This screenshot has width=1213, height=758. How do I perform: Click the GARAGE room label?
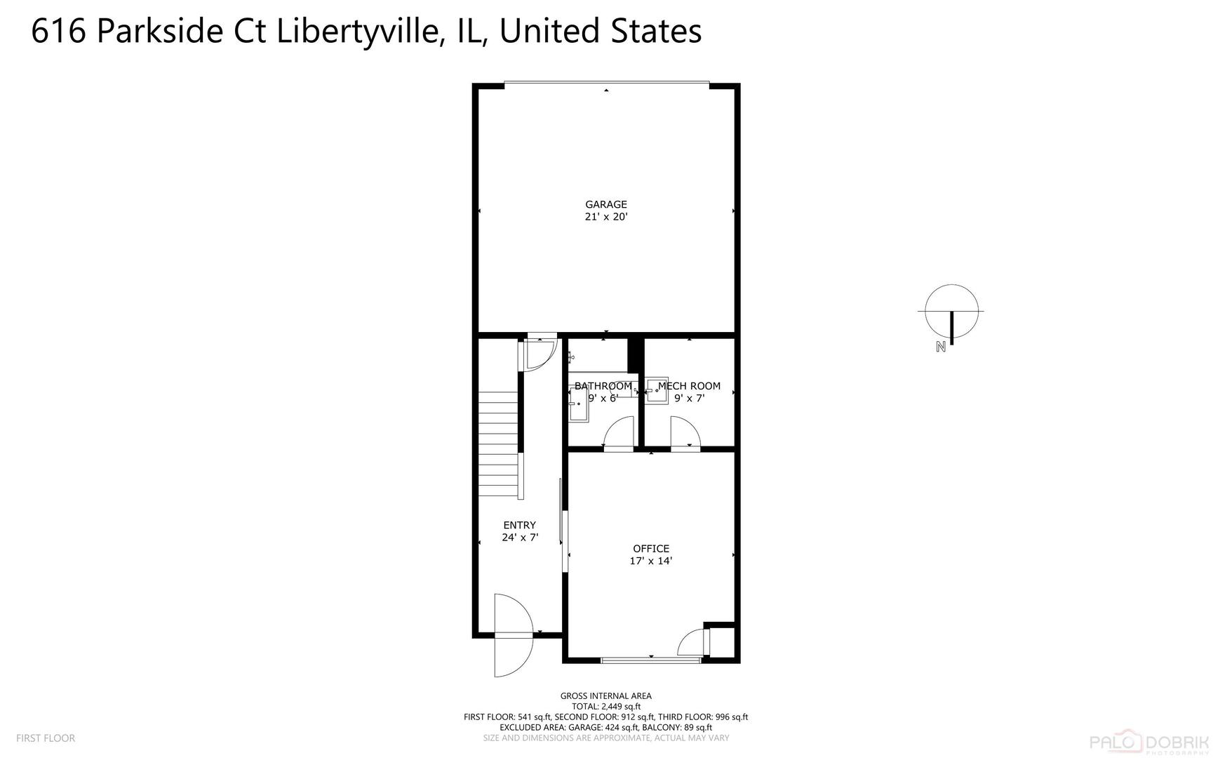pyautogui.click(x=606, y=205)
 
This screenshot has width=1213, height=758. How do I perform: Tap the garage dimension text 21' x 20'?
pyautogui.click(x=606, y=218)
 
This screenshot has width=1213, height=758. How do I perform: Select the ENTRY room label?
pyautogui.click(x=519, y=525)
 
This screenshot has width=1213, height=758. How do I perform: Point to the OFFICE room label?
pyautogui.click(x=651, y=549)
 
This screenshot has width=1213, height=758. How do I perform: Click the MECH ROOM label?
pyautogui.click(x=689, y=386)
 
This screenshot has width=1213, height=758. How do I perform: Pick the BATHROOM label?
pyautogui.click(x=603, y=386)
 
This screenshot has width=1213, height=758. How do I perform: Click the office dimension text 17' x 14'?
pyautogui.click(x=651, y=561)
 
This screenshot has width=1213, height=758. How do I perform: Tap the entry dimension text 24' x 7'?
pyautogui.click(x=519, y=538)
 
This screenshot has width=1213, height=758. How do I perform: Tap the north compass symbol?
pyautogui.click(x=951, y=312)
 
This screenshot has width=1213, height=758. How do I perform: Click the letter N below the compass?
pyautogui.click(x=941, y=346)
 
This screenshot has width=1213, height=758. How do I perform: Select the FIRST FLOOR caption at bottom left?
pyautogui.click(x=46, y=738)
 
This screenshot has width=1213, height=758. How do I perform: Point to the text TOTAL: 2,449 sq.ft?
pyautogui.click(x=606, y=707)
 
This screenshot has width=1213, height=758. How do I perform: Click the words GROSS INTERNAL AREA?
pyautogui.click(x=606, y=696)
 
